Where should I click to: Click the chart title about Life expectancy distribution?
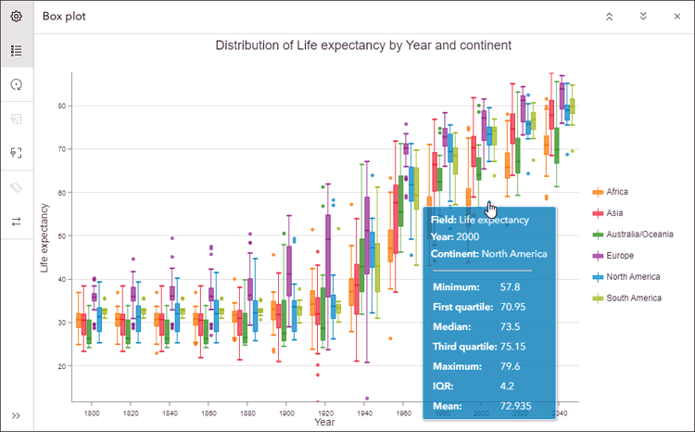363,45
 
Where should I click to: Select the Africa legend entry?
616,192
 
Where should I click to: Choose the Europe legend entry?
620,255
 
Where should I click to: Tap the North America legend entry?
633,276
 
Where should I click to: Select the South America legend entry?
634,298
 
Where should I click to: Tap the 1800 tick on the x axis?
93,412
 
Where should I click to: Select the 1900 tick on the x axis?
287,412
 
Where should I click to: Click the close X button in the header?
676,17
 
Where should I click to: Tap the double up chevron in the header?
609,17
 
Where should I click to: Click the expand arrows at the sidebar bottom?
16,415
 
